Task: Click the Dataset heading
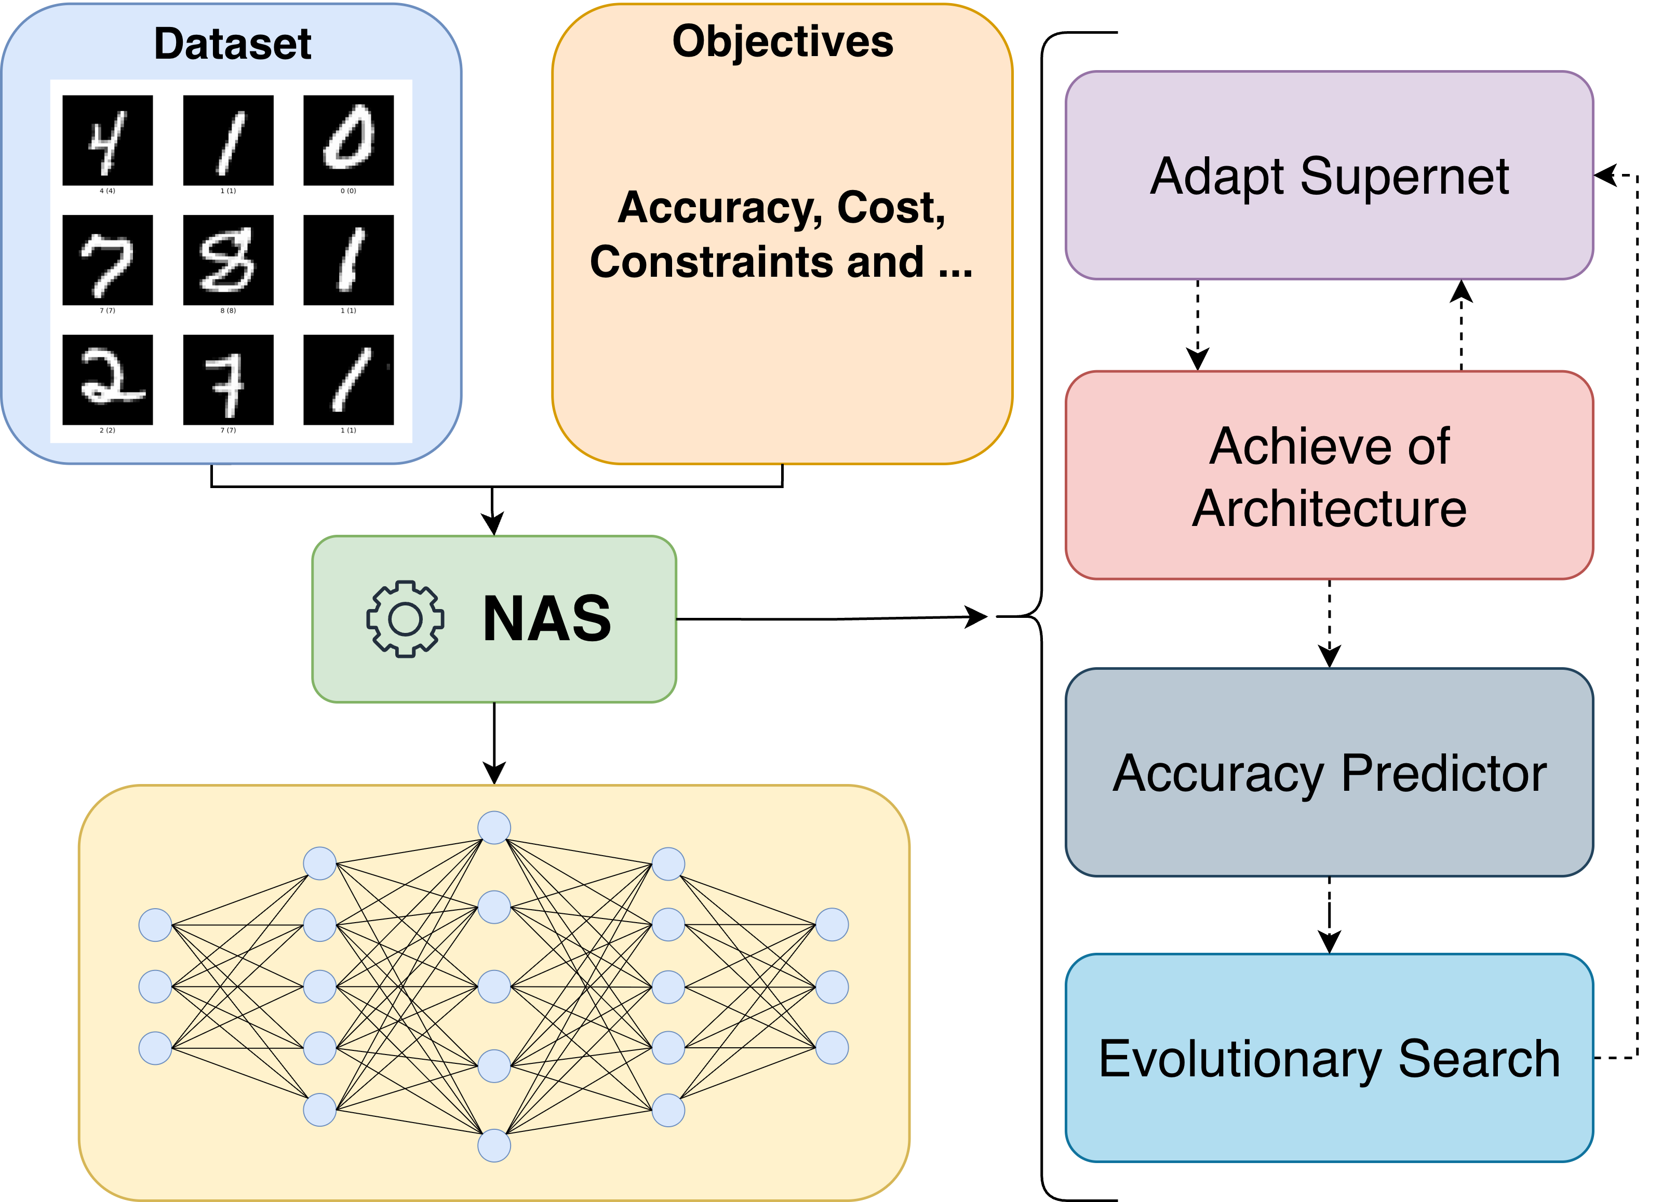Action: (232, 44)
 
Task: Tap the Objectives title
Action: (783, 41)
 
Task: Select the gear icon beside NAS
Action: (405, 619)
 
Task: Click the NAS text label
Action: (547, 619)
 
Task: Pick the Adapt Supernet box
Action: (1329, 176)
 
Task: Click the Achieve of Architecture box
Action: (1329, 476)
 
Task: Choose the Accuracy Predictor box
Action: (1329, 773)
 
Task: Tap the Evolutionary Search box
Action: (1329, 1058)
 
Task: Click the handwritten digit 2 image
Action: (108, 380)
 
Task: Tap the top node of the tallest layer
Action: (494, 828)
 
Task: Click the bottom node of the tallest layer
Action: (494, 1145)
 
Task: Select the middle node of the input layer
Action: (155, 987)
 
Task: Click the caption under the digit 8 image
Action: (228, 310)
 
